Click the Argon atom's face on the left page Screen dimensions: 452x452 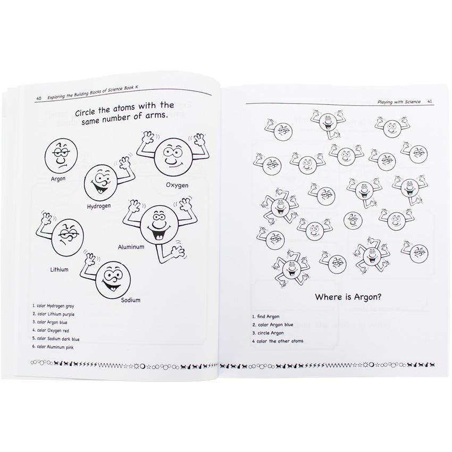point(61,156)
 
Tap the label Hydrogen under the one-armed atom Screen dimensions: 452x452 point(99,206)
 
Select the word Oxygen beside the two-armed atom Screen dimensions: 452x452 point(177,185)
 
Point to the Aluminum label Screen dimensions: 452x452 point(131,247)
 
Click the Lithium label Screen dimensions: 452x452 point(59,270)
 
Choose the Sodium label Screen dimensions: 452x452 point(131,300)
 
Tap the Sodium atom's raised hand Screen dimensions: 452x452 point(90,258)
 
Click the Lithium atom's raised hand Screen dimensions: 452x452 point(46,218)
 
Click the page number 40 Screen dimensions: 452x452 point(39,98)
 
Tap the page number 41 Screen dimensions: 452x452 point(430,102)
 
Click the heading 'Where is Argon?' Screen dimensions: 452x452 point(348,297)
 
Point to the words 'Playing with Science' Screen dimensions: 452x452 point(399,102)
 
